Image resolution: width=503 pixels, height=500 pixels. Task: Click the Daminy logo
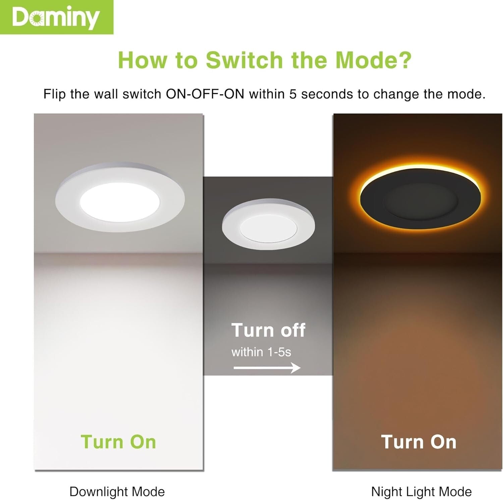pos(56,17)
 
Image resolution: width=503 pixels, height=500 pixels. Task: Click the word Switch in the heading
pos(244,60)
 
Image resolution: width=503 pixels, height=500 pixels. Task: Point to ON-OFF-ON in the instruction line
pos(205,94)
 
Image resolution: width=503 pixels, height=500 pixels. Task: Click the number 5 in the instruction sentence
pos(293,94)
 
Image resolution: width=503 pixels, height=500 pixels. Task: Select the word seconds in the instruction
pos(327,94)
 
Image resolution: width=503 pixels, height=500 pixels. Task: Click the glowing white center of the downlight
pos(120,202)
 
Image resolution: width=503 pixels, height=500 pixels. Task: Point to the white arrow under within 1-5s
pos(267,368)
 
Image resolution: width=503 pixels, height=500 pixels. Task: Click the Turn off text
pos(268,330)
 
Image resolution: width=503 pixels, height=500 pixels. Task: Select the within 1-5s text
pos(261,352)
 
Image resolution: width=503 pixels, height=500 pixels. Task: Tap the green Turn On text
pos(118,442)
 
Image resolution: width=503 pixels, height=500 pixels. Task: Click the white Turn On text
pos(419,442)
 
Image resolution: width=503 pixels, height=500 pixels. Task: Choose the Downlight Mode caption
pos(117,492)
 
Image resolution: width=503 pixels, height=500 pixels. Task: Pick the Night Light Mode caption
pos(421,492)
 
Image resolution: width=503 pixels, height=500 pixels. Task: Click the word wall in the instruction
pos(105,94)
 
